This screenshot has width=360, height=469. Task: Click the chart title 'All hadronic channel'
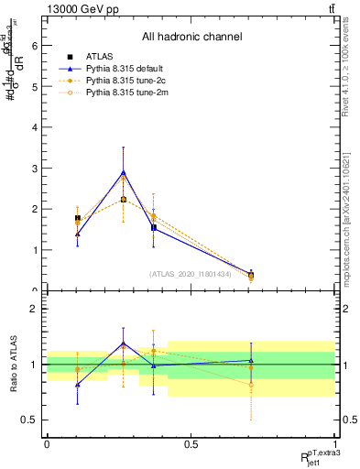191,38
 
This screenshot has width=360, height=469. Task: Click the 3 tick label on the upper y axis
35,169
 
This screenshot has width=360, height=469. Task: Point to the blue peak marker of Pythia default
124,172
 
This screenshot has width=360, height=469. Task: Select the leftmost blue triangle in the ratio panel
77,385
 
